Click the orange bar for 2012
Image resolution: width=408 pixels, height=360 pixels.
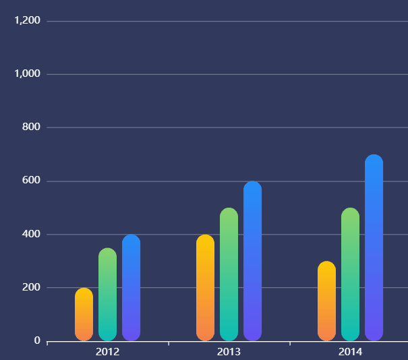(84, 315)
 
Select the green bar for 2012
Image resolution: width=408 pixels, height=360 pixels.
(107, 295)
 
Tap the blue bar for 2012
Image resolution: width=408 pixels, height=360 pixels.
(131, 288)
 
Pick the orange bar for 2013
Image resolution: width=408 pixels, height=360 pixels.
(205, 288)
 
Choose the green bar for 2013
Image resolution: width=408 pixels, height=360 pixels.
(229, 274)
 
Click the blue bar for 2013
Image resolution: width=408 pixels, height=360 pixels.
(252, 261)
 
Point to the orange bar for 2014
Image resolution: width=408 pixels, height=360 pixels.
(326, 301)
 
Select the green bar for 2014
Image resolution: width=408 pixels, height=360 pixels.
(350, 274)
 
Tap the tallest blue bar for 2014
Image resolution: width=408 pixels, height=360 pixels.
(374, 247)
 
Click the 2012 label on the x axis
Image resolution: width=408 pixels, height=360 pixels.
(108, 352)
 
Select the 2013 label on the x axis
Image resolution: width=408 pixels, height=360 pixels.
(229, 352)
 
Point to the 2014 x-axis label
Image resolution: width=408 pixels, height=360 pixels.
(351, 352)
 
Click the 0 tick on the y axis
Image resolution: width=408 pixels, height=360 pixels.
(37, 341)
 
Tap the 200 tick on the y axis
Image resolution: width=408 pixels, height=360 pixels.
(32, 288)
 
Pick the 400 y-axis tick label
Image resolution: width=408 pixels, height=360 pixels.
(32, 234)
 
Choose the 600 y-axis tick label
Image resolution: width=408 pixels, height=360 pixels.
(32, 181)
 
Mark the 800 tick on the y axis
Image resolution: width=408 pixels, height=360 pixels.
(32, 127)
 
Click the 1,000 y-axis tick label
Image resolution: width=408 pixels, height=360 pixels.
(28, 74)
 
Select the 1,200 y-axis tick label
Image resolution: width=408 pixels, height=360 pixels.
(28, 21)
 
